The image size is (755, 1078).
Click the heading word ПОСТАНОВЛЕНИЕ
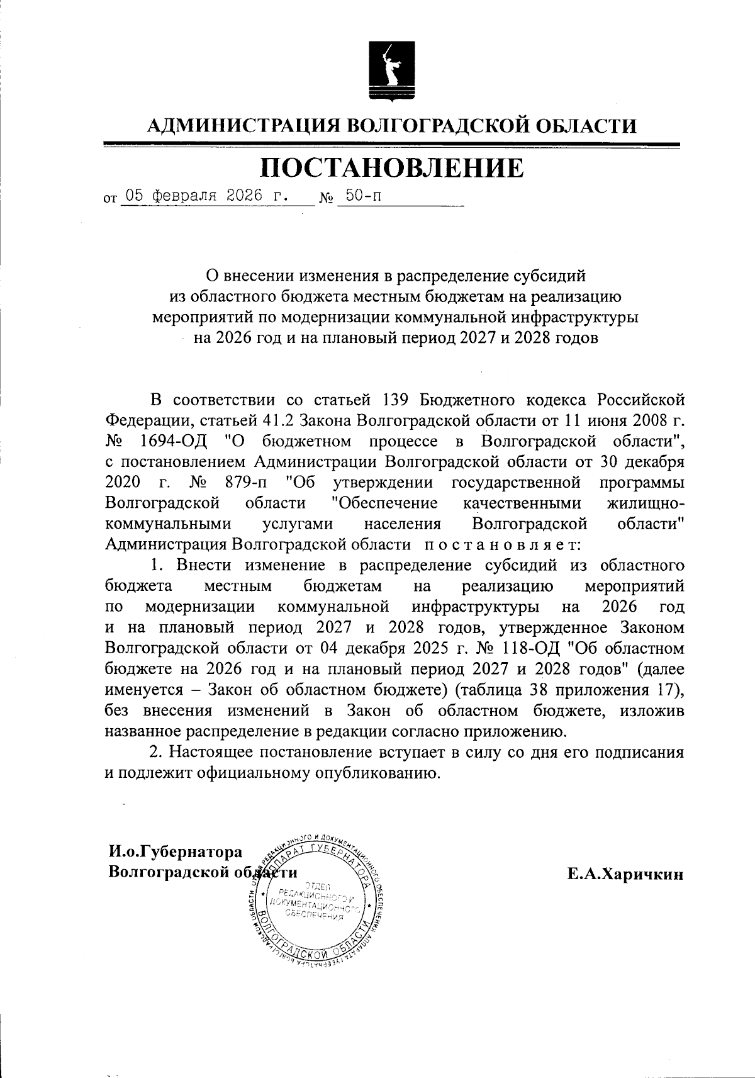click(391, 168)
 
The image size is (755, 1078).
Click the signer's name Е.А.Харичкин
click(624, 873)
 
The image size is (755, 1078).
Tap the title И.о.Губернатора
click(175, 852)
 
